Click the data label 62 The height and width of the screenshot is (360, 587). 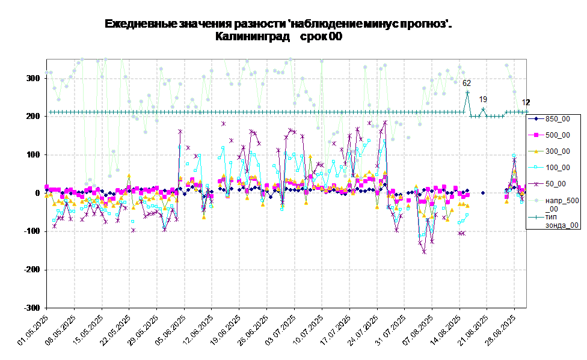tap(467, 84)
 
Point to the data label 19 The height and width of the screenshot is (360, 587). tap(483, 99)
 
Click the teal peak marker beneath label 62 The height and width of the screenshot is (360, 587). tap(467, 93)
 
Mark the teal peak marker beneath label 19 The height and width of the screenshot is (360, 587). tap(483, 109)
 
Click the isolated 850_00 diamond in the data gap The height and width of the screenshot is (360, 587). tap(483, 193)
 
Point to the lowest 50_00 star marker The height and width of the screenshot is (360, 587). tap(424, 252)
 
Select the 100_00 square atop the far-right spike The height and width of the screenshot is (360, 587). tap(514, 156)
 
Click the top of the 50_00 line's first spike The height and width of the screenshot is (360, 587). tap(180, 131)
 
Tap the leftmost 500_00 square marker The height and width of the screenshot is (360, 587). tap(47, 187)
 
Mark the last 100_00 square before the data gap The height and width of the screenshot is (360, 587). tap(467, 215)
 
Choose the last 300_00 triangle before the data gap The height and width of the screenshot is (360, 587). tap(467, 205)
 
